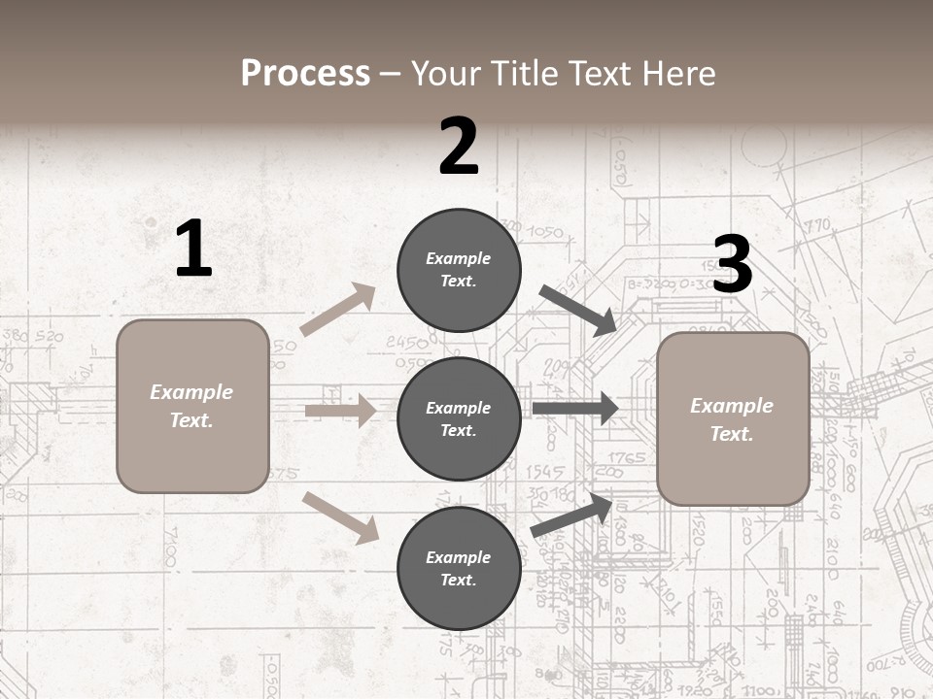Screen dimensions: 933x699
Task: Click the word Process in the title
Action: pyautogui.click(x=305, y=74)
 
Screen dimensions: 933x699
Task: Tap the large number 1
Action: pyautogui.click(x=193, y=250)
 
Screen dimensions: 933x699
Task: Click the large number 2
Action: pyautogui.click(x=458, y=147)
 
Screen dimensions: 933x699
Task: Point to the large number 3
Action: pyautogui.click(x=732, y=265)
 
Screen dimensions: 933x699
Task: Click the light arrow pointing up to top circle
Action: pyautogui.click(x=338, y=310)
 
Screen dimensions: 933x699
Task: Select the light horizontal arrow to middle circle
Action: pyautogui.click(x=340, y=411)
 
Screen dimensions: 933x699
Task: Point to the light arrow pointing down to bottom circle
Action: pyautogui.click(x=340, y=517)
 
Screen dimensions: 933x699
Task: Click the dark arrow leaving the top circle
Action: pyautogui.click(x=577, y=311)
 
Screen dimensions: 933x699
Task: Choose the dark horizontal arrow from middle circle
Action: pyautogui.click(x=575, y=409)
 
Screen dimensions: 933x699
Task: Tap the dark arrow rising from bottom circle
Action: pyautogui.click(x=573, y=516)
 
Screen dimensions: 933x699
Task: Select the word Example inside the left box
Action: pyautogui.click(x=191, y=392)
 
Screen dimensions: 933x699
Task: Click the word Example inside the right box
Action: pyautogui.click(x=732, y=406)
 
